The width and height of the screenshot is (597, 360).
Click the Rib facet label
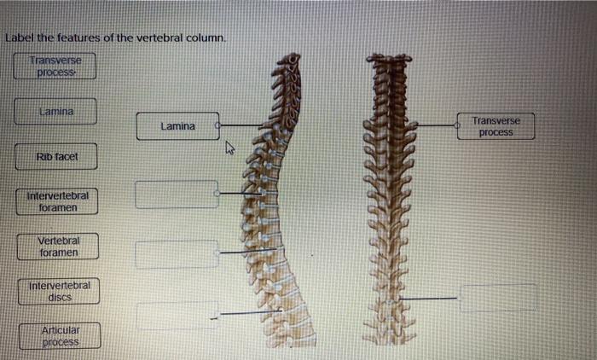point(55,156)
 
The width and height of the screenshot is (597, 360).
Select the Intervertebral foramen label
point(57,201)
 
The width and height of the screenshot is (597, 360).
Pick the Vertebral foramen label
point(57,247)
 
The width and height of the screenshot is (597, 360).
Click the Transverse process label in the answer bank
point(57,66)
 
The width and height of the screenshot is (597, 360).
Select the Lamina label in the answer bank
point(56,111)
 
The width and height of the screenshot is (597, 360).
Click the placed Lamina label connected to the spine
point(177,126)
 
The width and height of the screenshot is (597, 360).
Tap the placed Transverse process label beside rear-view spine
point(496,126)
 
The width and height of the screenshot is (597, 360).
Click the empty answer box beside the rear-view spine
point(498,298)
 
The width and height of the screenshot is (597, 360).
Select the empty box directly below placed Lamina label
point(177,195)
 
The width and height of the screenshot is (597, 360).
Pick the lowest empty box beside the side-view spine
point(177,316)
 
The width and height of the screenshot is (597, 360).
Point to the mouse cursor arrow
point(229,149)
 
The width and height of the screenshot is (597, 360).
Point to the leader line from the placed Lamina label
point(241,125)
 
